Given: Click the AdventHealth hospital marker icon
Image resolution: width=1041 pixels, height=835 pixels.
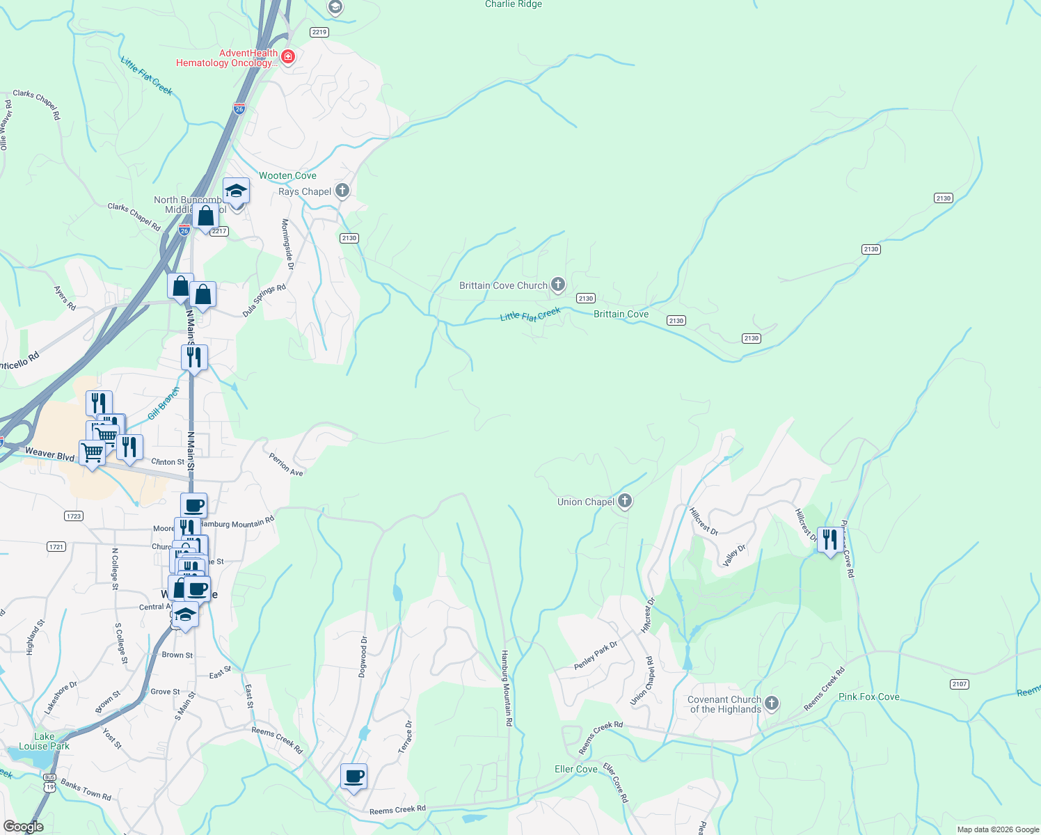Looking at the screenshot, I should (288, 56).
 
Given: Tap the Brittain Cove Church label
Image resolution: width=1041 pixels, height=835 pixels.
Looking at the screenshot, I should (503, 285).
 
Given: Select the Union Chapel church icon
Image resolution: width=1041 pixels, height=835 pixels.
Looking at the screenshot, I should (625, 501).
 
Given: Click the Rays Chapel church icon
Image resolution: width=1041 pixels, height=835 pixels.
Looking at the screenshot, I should (342, 190).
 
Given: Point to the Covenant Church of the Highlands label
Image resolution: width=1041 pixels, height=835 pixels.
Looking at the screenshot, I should (724, 704).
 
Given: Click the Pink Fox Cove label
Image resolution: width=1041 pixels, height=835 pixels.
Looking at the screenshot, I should (868, 697).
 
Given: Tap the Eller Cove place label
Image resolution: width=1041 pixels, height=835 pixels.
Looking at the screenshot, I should (575, 769).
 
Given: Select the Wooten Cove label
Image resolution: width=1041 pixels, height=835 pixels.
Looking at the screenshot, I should (287, 175).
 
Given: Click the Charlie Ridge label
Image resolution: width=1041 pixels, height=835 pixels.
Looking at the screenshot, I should (513, 4).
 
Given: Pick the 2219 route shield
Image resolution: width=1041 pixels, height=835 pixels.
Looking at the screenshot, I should (319, 32).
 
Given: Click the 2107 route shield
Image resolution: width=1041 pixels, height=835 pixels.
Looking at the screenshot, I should (960, 684).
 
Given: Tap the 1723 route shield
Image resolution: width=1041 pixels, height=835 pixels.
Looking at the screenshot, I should (74, 516).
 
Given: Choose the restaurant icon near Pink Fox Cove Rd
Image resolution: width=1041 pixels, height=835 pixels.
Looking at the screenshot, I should (829, 539).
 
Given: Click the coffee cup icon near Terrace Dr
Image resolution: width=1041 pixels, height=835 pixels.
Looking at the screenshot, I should (353, 775).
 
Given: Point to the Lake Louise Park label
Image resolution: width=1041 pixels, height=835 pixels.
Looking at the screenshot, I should (44, 741).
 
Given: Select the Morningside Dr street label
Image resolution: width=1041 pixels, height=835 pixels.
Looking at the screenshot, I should (287, 244).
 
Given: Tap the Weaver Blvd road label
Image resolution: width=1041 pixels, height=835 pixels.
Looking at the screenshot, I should (49, 454).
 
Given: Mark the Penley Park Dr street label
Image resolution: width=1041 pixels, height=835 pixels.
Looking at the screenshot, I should (596, 656).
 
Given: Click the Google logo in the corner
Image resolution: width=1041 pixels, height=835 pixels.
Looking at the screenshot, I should (24, 826).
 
